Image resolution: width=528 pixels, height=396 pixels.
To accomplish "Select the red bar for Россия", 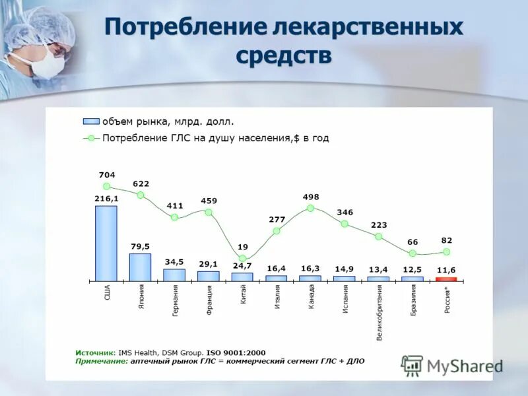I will click(446, 279).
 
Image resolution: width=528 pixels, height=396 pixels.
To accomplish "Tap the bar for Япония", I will click(140, 267).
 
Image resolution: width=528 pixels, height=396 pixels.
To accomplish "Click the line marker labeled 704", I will click(107, 186).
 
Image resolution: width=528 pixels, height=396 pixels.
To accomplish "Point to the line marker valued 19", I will click(242, 259).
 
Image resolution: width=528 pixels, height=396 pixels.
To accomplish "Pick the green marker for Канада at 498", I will click(310, 208).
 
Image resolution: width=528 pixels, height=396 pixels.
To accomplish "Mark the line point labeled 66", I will click(412, 253).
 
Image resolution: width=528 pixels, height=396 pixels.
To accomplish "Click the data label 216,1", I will click(106, 198).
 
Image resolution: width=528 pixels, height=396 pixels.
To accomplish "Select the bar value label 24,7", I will click(242, 266).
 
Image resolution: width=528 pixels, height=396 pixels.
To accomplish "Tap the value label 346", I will click(345, 213).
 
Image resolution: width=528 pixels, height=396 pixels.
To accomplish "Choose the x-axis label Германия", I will click(175, 301).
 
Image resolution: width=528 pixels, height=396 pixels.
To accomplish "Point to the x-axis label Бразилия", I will click(413, 300).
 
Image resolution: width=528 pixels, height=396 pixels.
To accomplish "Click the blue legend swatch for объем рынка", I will click(90, 121).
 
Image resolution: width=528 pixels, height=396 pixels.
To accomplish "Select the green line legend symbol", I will click(90, 139).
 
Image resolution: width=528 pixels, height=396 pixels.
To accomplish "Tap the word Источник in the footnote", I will click(95, 352).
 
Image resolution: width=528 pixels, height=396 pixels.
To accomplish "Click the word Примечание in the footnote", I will click(101, 361).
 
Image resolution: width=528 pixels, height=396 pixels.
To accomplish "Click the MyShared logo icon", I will click(412, 365).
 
